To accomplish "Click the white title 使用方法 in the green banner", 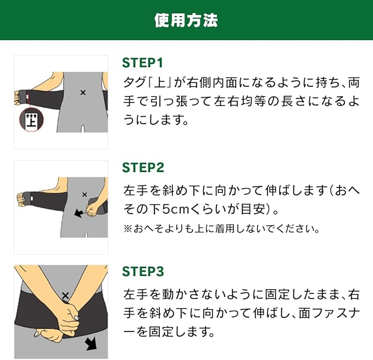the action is coord(186,20).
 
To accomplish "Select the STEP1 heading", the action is coord(142,63).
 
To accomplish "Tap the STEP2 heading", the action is coord(143,168).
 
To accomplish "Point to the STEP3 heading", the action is coord(143,272).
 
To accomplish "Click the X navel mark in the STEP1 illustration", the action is coord(83,92).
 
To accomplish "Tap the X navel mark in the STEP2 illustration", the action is coord(85,195).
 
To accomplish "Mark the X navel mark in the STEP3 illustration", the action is coord(65,296).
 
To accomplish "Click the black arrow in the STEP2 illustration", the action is coord(79,213).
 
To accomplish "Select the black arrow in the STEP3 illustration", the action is coord(91,344).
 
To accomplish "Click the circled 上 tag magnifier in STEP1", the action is coord(31,120).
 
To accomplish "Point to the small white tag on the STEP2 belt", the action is coord(32,198).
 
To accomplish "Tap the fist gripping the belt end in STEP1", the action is coord(18,97).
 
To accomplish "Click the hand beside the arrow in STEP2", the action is coord(92,209).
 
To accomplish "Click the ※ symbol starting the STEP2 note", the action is coord(128,229).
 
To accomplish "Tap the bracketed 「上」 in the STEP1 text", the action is coord(160,83).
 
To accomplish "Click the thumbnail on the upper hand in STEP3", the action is coord(76,318).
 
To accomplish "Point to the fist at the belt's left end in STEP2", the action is coord(21,199).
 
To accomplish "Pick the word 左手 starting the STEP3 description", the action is coord(135,295).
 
